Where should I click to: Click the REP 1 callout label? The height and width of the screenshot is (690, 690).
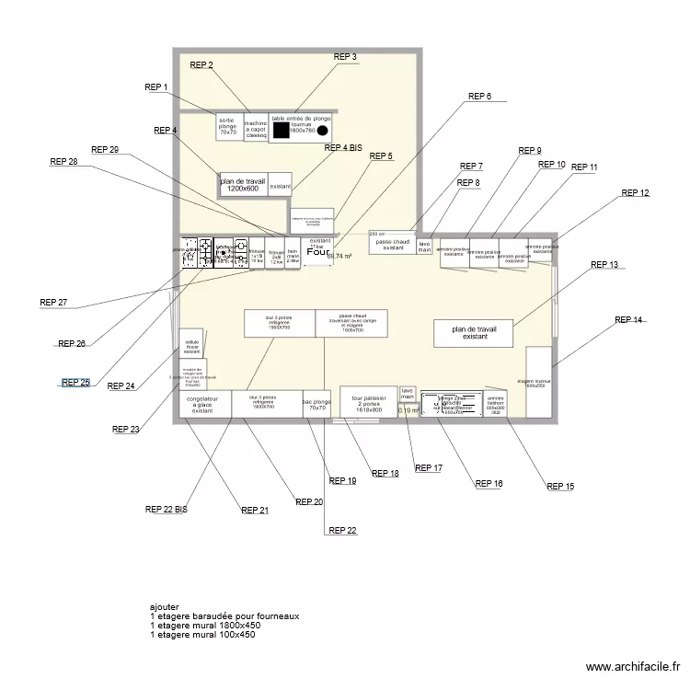[x=156, y=87]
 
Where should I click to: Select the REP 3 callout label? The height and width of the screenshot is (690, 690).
[x=345, y=57]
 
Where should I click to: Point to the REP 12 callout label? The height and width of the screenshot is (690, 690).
[x=635, y=193]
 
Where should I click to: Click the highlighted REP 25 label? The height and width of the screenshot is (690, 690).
[x=75, y=383]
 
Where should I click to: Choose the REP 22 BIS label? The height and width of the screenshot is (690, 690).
[x=166, y=509]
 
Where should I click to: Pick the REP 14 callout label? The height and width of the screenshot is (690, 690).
[x=628, y=320]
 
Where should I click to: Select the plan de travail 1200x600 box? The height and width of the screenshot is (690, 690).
[x=243, y=185]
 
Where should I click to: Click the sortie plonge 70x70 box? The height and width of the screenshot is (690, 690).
[x=228, y=127]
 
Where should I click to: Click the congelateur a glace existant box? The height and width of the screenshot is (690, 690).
[x=202, y=404]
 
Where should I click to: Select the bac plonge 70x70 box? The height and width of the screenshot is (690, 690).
[x=316, y=404]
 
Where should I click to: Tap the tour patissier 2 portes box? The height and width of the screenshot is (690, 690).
[x=368, y=402]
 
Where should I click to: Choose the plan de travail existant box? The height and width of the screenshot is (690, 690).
[x=473, y=332]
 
